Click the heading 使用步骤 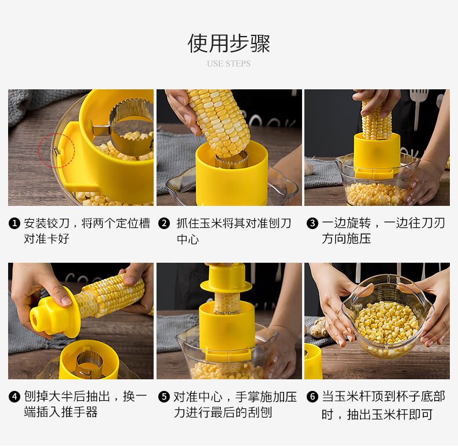[228, 43]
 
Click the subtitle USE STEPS [228, 64]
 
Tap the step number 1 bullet [14, 224]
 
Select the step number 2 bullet [164, 224]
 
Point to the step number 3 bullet [312, 224]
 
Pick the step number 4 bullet [14, 397]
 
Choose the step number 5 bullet [164, 397]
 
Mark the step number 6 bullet [312, 397]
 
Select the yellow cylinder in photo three [377, 155]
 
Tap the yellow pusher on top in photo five [226, 278]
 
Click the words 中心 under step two [188, 240]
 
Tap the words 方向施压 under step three [346, 239]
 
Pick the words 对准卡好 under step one [46, 239]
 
